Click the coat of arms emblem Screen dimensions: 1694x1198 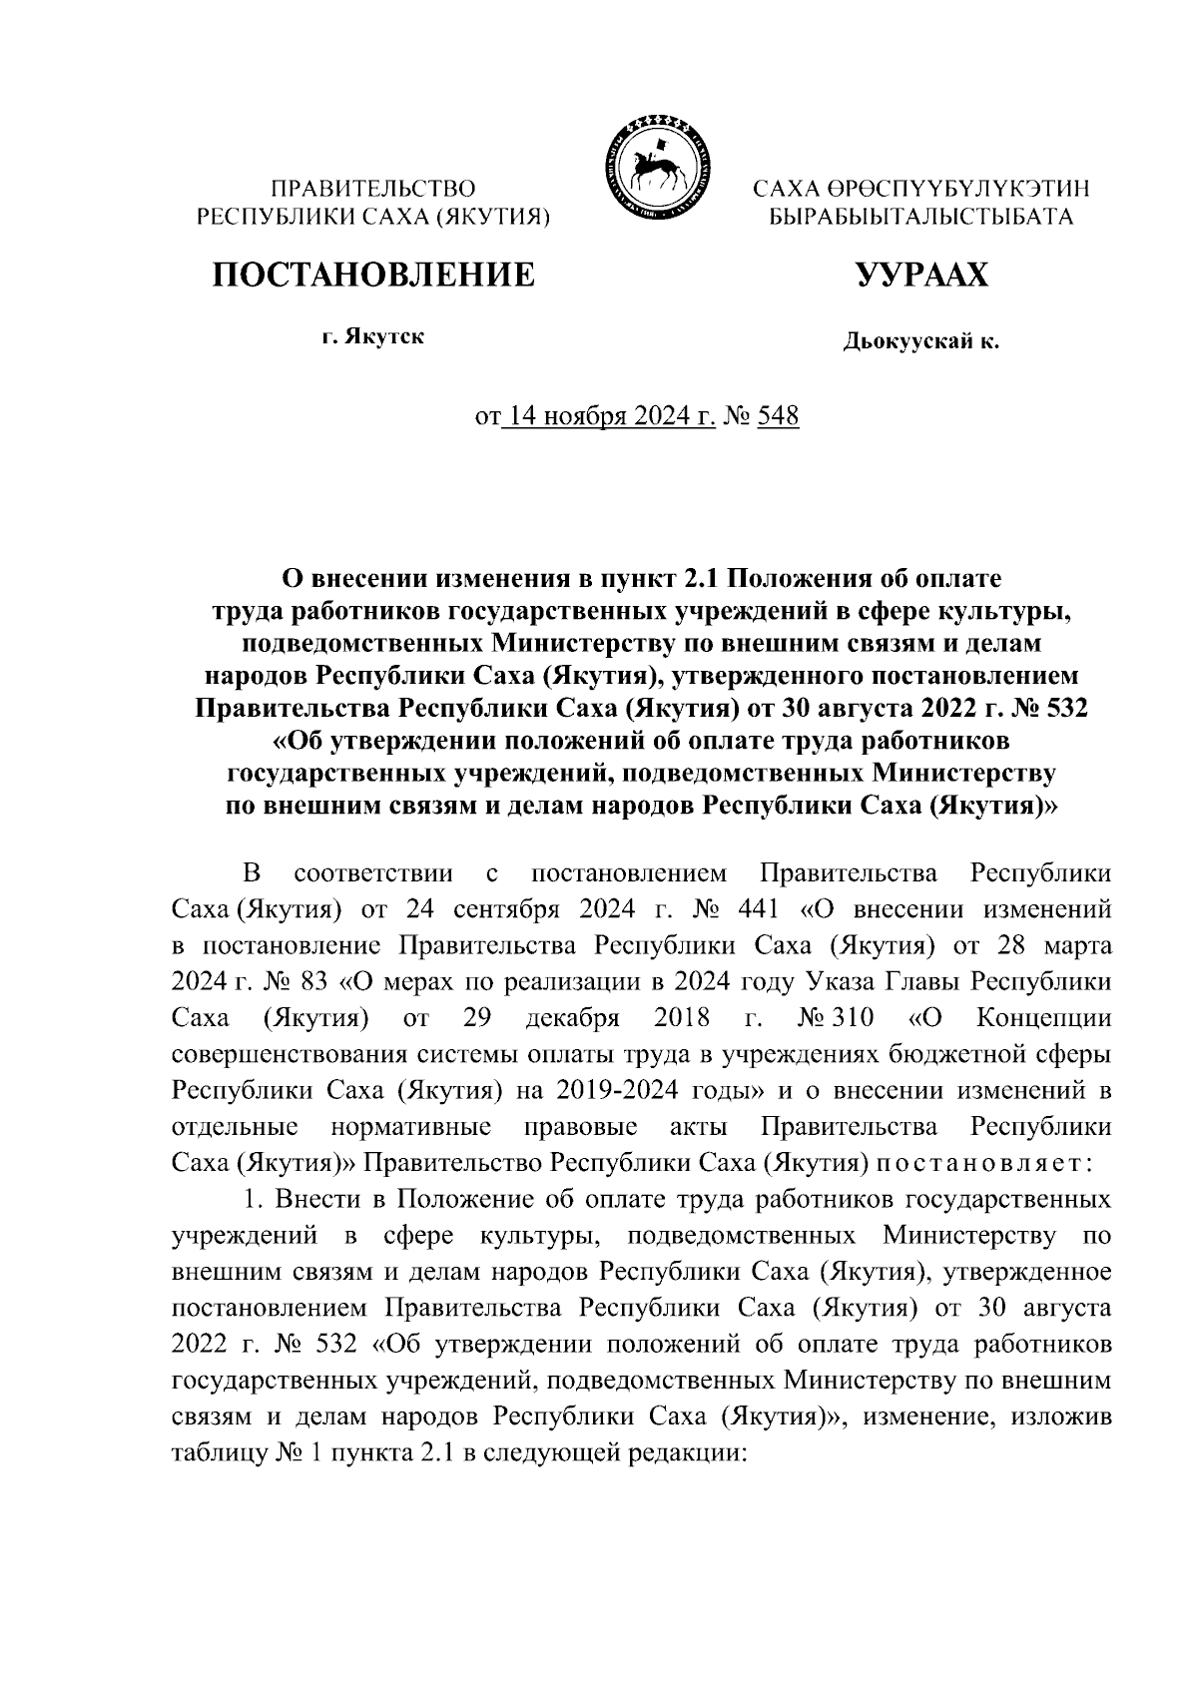655,166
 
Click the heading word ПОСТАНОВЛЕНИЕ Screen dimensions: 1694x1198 372,273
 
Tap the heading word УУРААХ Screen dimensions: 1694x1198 920,273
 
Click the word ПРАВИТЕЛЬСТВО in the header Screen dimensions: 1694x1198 374,188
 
